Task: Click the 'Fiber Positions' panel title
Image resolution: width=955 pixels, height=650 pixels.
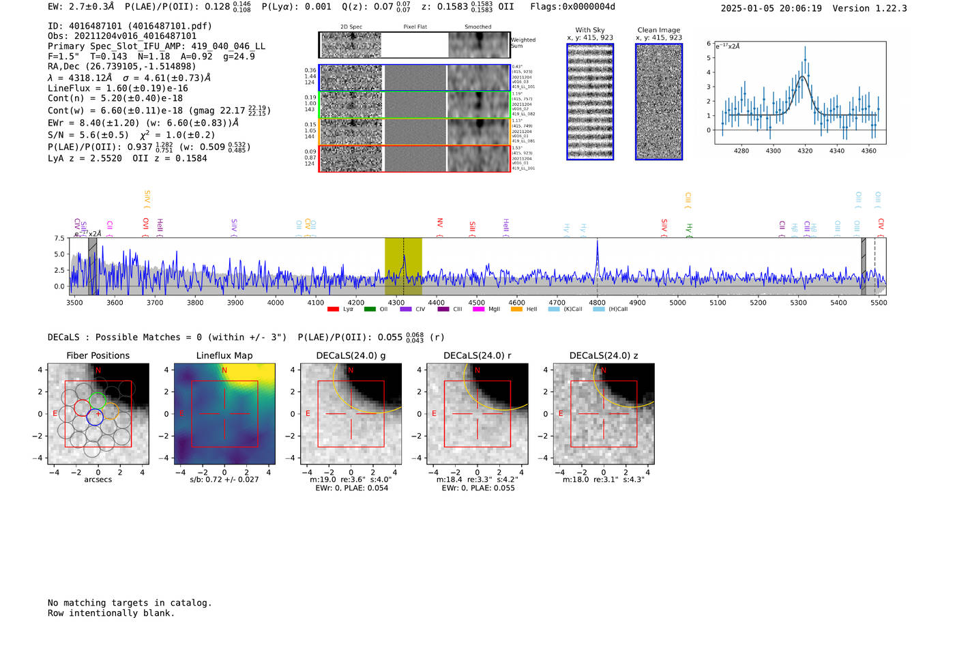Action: pos(98,355)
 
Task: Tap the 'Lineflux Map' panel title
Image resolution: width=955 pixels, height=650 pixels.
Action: pos(224,355)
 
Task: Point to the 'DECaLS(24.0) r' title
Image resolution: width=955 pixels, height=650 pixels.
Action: pos(477,355)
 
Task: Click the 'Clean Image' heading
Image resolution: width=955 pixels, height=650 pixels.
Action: pos(658,30)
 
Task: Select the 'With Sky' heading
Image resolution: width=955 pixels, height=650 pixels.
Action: pos(589,30)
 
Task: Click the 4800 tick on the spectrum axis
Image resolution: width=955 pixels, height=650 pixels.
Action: pos(597,302)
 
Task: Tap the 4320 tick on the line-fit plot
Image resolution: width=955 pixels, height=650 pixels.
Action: pos(805,151)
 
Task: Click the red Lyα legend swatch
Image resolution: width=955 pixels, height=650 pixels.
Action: pos(333,310)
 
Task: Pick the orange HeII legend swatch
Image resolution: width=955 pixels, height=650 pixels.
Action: pos(516,310)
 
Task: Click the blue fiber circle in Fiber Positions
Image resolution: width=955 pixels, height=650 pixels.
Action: pos(95,417)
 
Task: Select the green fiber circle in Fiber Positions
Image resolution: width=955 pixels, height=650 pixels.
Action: pos(98,400)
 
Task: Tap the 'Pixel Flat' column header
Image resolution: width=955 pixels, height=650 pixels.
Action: pos(415,27)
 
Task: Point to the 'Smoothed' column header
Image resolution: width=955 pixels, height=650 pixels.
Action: pos(477,27)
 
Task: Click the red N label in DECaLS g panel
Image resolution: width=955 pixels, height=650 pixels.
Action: pos(351,370)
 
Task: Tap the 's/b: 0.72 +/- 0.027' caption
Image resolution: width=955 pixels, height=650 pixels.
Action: pos(224,479)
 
